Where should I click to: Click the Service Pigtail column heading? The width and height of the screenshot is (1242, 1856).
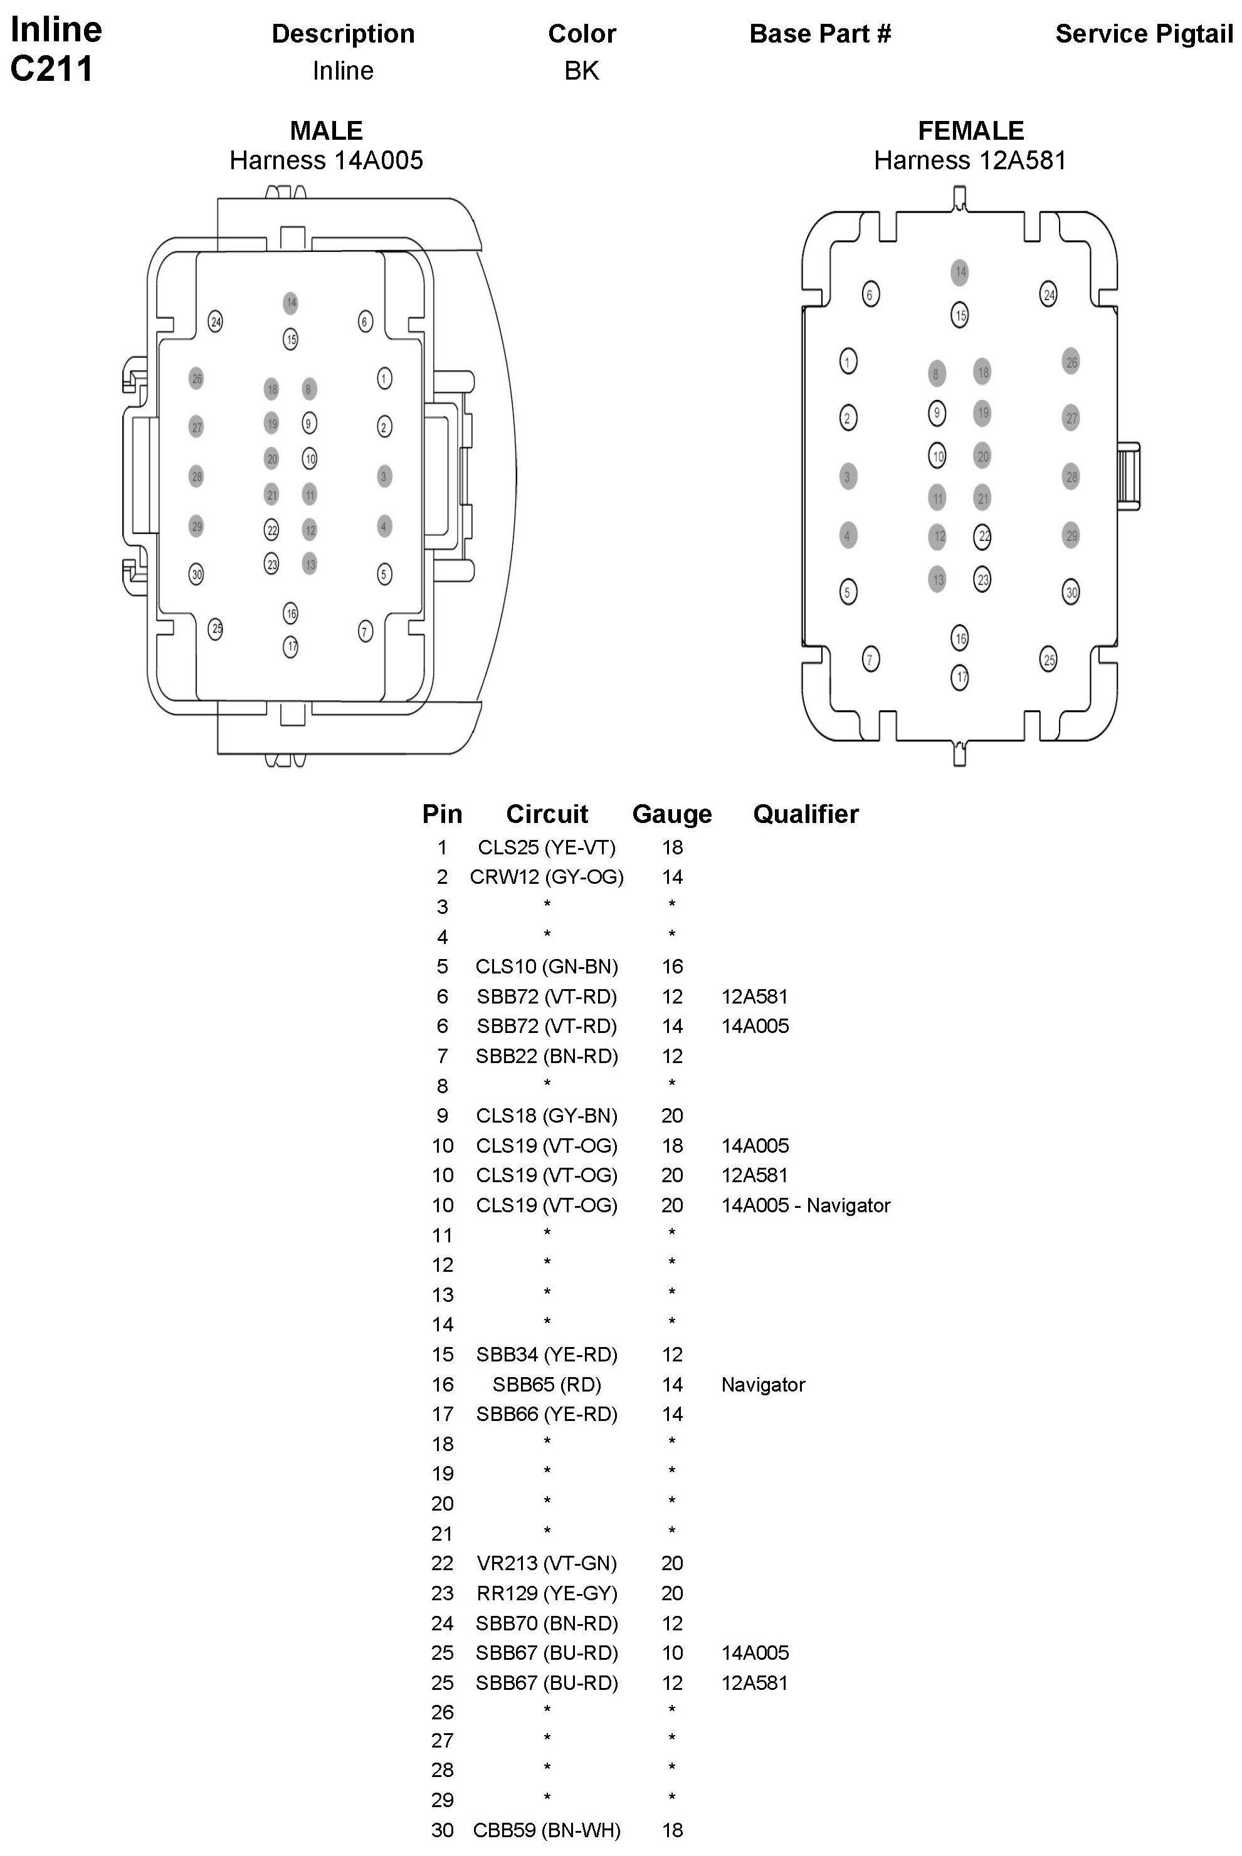1144,34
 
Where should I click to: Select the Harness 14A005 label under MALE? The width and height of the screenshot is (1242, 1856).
327,160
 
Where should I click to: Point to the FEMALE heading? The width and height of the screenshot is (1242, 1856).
971,130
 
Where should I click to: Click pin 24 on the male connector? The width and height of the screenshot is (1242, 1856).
216,322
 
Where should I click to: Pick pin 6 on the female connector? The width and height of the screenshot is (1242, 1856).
870,295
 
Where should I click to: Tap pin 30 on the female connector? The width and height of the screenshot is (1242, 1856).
1071,592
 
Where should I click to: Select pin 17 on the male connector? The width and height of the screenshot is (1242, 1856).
291,647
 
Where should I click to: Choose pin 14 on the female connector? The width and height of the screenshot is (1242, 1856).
960,273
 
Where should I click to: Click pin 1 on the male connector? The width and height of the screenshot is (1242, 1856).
384,379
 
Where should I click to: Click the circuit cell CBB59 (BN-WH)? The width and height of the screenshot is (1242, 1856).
547,1830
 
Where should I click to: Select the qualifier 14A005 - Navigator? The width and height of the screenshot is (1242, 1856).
806,1205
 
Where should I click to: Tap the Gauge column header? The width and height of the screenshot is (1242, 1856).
671,814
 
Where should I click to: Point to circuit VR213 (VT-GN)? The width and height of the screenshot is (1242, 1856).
547,1563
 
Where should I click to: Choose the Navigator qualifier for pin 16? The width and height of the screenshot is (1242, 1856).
763,1384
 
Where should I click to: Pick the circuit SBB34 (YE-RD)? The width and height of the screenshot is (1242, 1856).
547,1354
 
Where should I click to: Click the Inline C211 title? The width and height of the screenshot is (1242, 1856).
55,49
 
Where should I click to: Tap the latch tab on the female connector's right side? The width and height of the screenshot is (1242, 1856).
1128,475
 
